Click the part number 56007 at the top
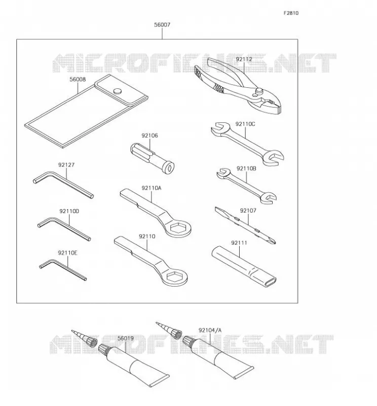[162, 25]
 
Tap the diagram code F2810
[291, 13]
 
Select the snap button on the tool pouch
[118, 91]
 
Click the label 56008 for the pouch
[78, 79]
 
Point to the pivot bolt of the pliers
[258, 91]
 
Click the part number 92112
[244, 59]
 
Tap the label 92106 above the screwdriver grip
[149, 136]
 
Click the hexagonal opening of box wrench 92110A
[178, 228]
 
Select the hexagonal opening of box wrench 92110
[175, 277]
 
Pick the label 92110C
[245, 124]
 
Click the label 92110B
[246, 168]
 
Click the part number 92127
[66, 165]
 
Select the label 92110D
[69, 211]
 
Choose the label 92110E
[67, 253]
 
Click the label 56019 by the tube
[125, 339]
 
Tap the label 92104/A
[210, 330]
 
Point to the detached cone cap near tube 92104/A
[168, 330]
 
